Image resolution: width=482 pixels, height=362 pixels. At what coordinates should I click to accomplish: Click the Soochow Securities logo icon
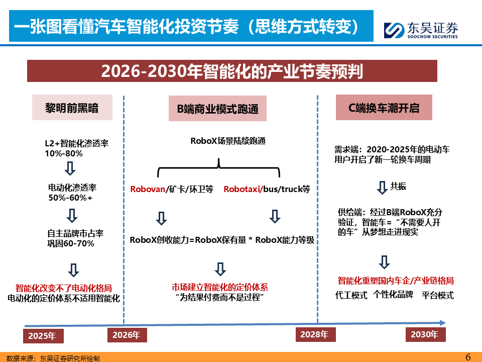click(394, 30)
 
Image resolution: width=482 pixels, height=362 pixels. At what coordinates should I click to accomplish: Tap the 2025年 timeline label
click(43, 336)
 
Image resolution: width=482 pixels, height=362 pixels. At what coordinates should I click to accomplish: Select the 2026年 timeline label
click(127, 335)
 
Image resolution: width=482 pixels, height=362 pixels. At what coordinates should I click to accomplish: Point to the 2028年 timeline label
click(315, 335)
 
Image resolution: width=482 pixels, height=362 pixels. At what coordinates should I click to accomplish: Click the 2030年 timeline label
click(425, 335)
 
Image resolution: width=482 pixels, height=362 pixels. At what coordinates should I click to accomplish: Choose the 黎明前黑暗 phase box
click(72, 108)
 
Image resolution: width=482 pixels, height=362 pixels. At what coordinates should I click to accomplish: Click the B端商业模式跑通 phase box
click(217, 109)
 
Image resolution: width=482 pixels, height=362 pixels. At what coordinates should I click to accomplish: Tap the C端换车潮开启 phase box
click(384, 108)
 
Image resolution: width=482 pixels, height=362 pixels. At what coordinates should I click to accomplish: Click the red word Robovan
click(148, 189)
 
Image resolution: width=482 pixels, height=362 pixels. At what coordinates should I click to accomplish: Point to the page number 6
click(468, 357)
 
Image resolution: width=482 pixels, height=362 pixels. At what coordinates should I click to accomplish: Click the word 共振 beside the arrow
click(398, 186)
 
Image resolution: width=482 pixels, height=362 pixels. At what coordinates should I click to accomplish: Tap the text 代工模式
click(351, 295)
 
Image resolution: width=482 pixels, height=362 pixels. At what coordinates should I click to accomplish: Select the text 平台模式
click(438, 295)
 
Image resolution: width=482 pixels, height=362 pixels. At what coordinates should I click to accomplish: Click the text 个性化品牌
click(393, 295)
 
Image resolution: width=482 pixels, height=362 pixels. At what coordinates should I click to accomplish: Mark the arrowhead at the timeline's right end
click(443, 323)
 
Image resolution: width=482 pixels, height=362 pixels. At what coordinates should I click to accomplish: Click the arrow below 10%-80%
click(70, 168)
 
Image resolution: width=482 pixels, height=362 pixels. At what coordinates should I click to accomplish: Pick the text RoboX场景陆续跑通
click(228, 141)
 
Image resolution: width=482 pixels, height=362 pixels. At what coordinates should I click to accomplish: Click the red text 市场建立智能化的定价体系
click(220, 287)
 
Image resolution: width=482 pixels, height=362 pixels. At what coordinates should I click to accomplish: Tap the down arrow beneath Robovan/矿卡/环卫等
click(161, 218)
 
